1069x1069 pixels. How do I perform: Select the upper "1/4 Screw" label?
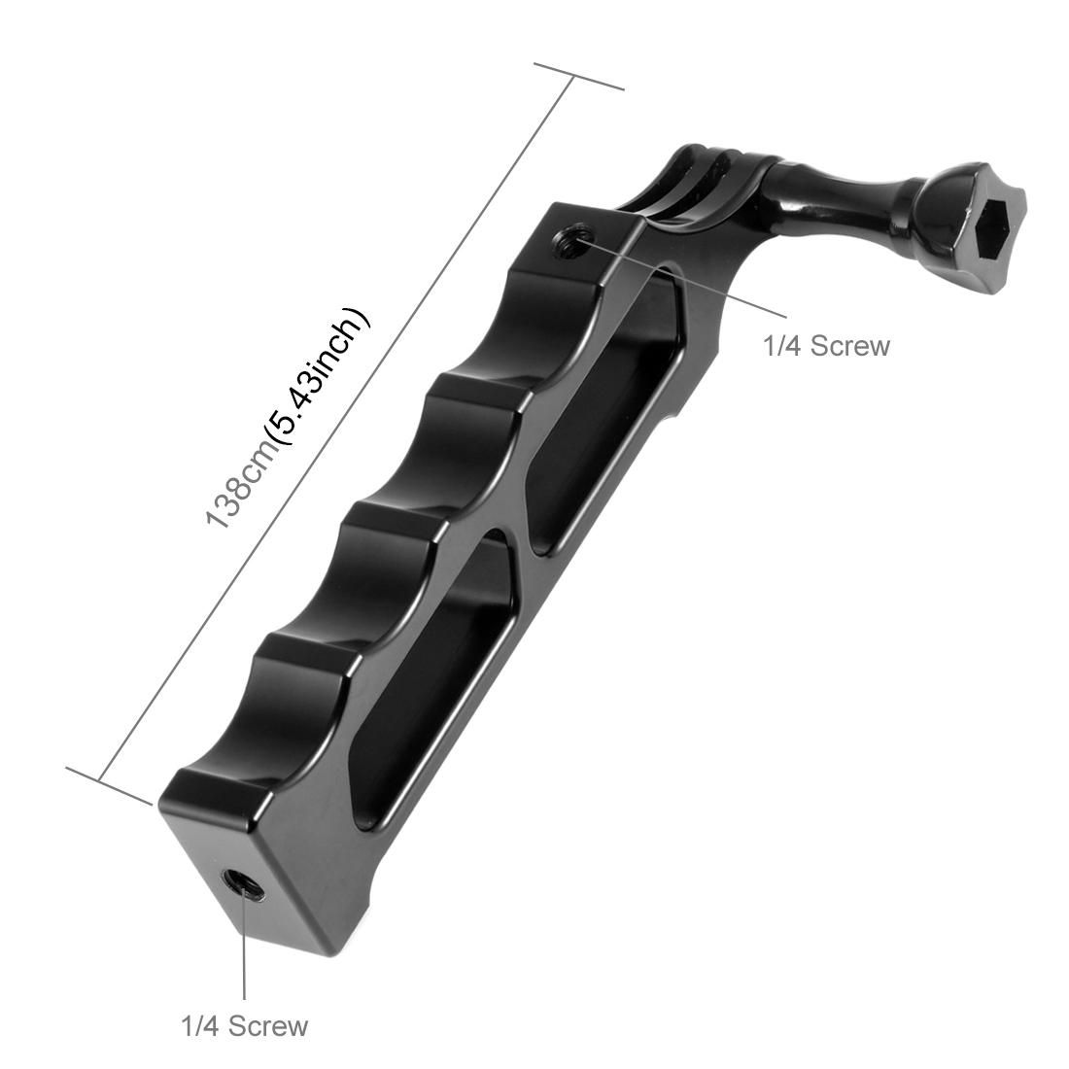[x=826, y=345]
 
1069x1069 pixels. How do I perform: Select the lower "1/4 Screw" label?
[x=244, y=1025]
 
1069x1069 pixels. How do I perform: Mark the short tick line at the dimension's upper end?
[x=578, y=77]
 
